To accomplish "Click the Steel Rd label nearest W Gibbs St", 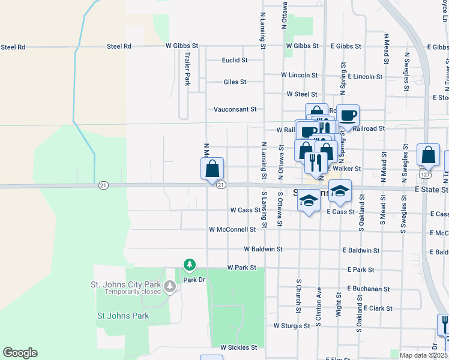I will click(x=119, y=46).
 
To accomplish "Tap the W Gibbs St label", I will click(x=182, y=46).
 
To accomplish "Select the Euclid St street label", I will click(x=234, y=60).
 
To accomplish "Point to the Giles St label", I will click(x=235, y=82).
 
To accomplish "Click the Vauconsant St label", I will click(x=235, y=109).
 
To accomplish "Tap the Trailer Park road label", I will click(x=187, y=68).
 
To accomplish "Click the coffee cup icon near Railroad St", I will click(x=348, y=114).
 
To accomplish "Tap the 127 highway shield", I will click(x=424, y=175).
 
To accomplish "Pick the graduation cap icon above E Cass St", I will click(x=340, y=190).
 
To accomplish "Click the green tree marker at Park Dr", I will click(x=190, y=264).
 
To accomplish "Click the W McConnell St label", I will click(x=232, y=229).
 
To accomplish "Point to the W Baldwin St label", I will click(x=263, y=248).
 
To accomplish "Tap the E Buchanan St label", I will click(x=369, y=289).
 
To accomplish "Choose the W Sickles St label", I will click(x=238, y=347).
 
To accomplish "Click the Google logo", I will click(x=20, y=353).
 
